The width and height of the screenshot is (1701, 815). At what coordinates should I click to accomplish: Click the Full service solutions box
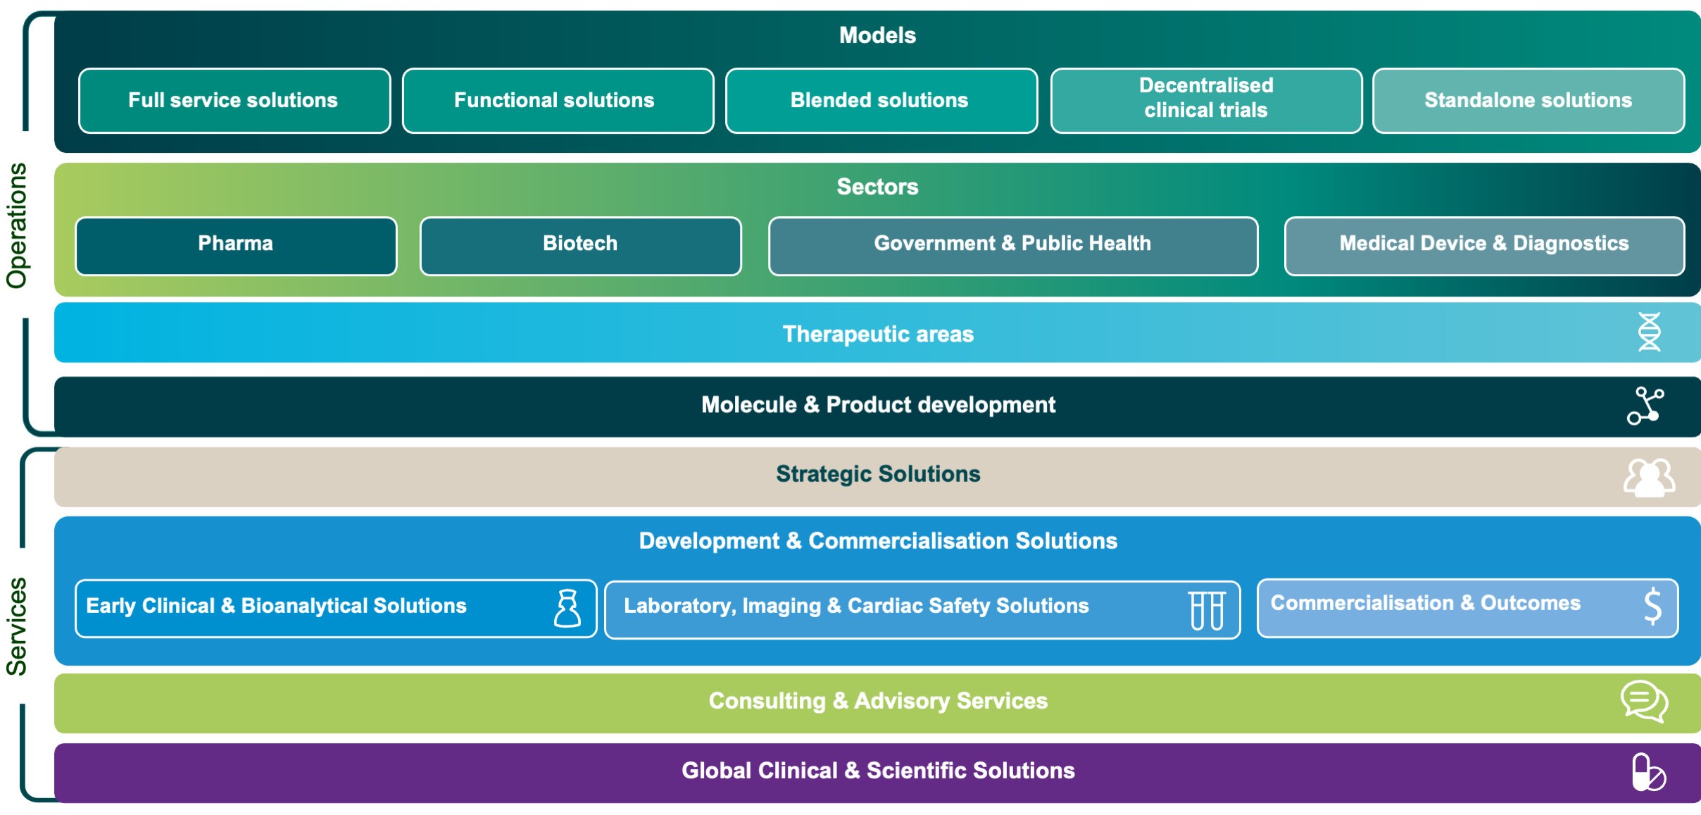pyautogui.click(x=234, y=101)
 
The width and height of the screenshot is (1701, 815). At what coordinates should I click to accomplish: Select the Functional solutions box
pyautogui.click(x=557, y=101)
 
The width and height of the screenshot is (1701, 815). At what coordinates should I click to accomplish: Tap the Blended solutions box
pyautogui.click(x=881, y=101)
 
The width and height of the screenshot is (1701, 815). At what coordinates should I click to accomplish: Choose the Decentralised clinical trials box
pyautogui.click(x=1205, y=101)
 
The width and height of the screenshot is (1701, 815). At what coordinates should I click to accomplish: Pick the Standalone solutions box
pyautogui.click(x=1528, y=101)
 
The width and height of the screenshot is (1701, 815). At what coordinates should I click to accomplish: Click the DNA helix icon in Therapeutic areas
pyautogui.click(x=1649, y=332)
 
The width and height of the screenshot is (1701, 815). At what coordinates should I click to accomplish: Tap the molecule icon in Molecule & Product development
pyautogui.click(x=1645, y=406)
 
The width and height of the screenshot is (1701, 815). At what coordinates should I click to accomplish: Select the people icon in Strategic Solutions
pyautogui.click(x=1649, y=478)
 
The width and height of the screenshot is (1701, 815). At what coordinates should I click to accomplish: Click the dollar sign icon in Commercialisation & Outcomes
pyautogui.click(x=1652, y=606)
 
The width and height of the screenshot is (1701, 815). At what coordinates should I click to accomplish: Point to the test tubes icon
pyautogui.click(x=1207, y=610)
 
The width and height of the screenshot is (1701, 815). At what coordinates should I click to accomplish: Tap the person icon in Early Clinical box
pyautogui.click(x=567, y=609)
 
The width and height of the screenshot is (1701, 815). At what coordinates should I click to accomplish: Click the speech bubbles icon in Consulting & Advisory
pyautogui.click(x=1644, y=702)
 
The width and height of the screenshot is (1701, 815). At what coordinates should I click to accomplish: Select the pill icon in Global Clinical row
pyautogui.click(x=1647, y=773)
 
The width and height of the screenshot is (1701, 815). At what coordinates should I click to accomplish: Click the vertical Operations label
pyautogui.click(x=17, y=225)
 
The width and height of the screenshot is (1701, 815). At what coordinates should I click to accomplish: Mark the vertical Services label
pyautogui.click(x=17, y=626)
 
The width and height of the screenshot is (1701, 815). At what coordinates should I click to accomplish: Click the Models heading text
pyautogui.click(x=877, y=35)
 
